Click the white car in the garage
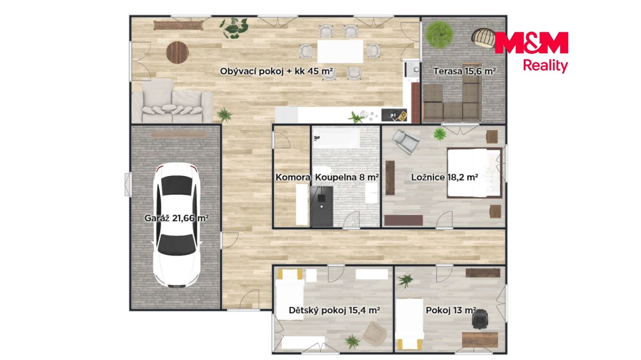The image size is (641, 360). point(177,225)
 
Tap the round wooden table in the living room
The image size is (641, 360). point(178,52)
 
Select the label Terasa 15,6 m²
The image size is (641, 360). point(464,71)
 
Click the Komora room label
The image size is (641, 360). point(293,177)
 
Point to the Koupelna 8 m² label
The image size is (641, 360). point(347,177)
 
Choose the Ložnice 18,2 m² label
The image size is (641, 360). point(444,177)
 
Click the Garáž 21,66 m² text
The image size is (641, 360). point(177,218)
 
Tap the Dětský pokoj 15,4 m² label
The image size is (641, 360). point(334,310)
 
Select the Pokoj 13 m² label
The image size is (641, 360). point(451,310)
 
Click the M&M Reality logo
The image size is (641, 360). point(531,52)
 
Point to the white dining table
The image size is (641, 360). point(340,51)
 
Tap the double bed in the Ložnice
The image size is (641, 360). point(475,173)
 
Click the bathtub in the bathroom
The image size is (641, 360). point(336,138)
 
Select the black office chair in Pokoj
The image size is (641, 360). point(480,319)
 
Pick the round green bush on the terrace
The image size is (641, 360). point(439,34)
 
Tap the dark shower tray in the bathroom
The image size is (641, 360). point(321,206)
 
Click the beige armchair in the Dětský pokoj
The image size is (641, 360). point(375,333)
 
